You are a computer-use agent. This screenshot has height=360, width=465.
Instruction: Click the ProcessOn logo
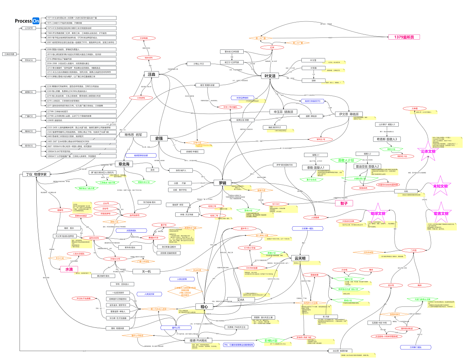point(27,21)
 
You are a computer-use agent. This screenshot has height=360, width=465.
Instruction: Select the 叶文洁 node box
point(270,76)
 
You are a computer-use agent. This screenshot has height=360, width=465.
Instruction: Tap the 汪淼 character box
point(151,75)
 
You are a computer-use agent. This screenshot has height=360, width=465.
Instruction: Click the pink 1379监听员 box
point(404,37)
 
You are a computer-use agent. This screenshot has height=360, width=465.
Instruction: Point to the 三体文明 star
point(428,151)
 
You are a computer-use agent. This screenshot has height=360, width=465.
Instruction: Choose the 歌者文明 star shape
point(441,214)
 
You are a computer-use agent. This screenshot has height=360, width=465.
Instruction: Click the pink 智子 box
point(344,203)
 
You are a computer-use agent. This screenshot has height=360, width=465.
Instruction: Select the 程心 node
point(204,307)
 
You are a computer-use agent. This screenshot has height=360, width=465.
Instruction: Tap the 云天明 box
point(300,258)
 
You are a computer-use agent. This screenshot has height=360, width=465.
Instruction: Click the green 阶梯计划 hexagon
point(271,341)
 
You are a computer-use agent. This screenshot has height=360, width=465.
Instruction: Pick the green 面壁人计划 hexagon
point(346,160)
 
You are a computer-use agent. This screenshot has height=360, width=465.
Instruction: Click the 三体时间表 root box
point(9,54)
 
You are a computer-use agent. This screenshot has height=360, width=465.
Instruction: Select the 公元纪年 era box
point(29,28)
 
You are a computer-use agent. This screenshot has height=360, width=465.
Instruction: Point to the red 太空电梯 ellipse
point(144,38)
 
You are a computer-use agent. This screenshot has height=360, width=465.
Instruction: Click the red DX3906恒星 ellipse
point(252,268)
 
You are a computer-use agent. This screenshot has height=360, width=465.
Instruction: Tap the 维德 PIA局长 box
point(198,341)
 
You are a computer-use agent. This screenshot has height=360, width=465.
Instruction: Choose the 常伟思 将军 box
point(133,135)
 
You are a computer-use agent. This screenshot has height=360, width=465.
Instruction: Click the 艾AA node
point(240,300)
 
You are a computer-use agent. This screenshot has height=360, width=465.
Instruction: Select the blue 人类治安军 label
point(182,279)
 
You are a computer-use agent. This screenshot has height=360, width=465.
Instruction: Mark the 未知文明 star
point(440,186)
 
